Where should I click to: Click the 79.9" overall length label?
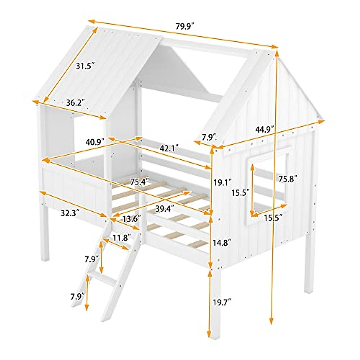point(185,26)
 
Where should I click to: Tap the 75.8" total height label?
point(287,179)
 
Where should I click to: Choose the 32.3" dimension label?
point(70,213)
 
